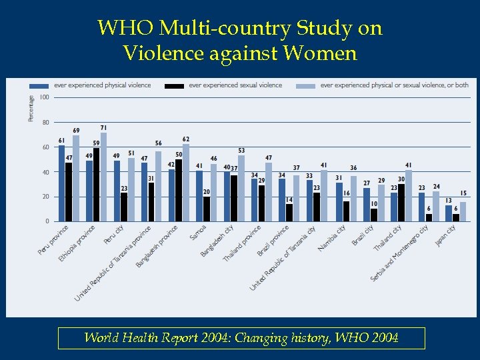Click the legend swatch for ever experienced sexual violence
pyautogui.click(x=175, y=85)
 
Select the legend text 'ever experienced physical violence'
pyautogui.click(x=102, y=85)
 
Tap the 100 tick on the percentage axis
pyautogui.click(x=44, y=97)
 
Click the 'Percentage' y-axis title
pyautogui.click(x=31, y=108)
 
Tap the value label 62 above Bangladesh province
pyautogui.click(x=186, y=139)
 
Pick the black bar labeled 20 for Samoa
pyautogui.click(x=207, y=209)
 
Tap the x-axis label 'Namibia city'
pyautogui.click(x=331, y=238)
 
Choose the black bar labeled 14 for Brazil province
pyautogui.click(x=289, y=212)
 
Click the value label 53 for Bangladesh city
pyautogui.click(x=241, y=151)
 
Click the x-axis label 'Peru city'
pyautogui.click(x=114, y=235)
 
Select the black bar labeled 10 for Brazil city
pyautogui.click(x=374, y=215)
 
